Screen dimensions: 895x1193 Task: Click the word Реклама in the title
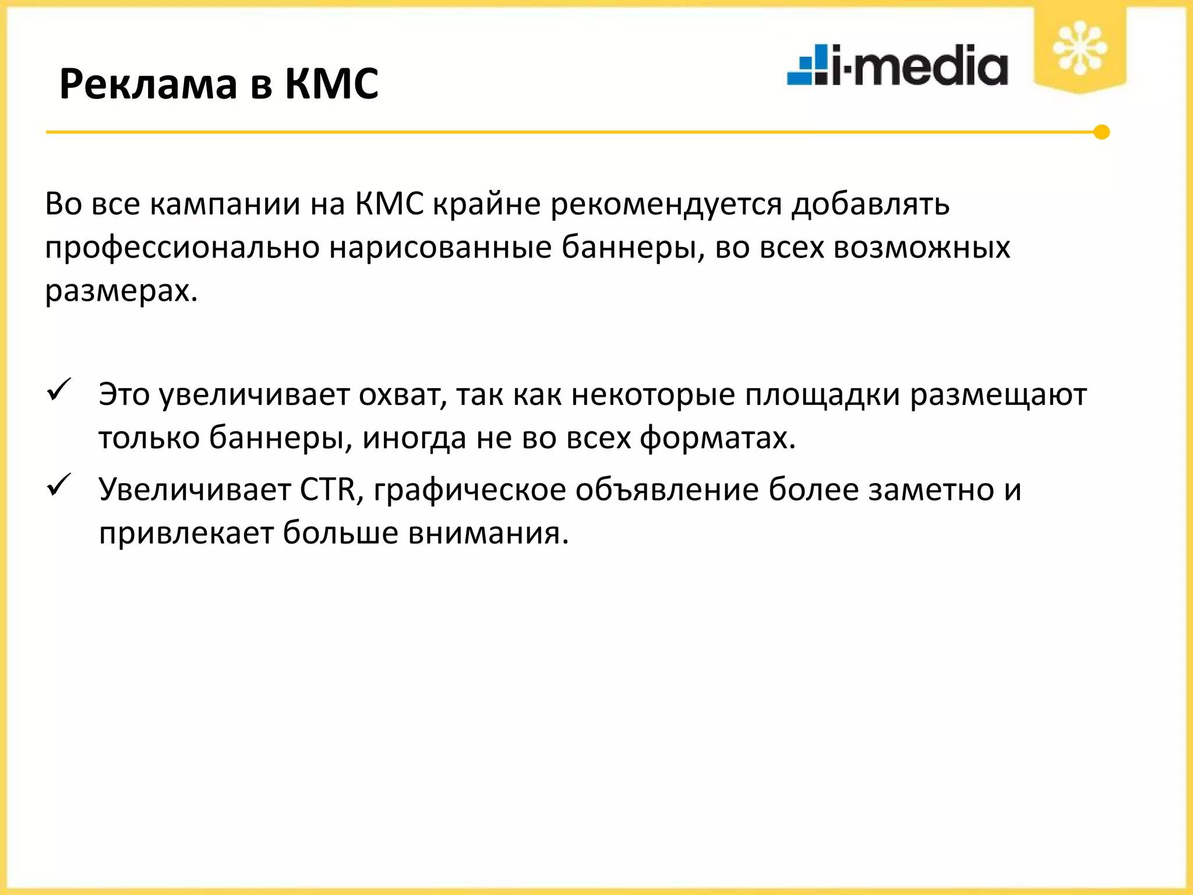[x=148, y=84]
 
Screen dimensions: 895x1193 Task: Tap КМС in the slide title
[x=331, y=84]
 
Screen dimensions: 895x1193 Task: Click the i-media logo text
[x=920, y=66]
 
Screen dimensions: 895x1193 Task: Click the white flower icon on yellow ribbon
[x=1079, y=48]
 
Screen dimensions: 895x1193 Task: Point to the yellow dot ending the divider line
[x=1101, y=132]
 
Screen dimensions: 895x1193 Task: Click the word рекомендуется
[x=666, y=205]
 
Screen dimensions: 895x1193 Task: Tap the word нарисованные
[x=440, y=247]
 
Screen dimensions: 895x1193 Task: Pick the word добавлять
[x=870, y=205]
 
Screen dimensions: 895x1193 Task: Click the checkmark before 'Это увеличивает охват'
[x=59, y=389]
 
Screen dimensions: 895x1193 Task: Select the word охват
[x=402, y=395]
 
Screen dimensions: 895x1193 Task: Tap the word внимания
[x=488, y=533]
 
